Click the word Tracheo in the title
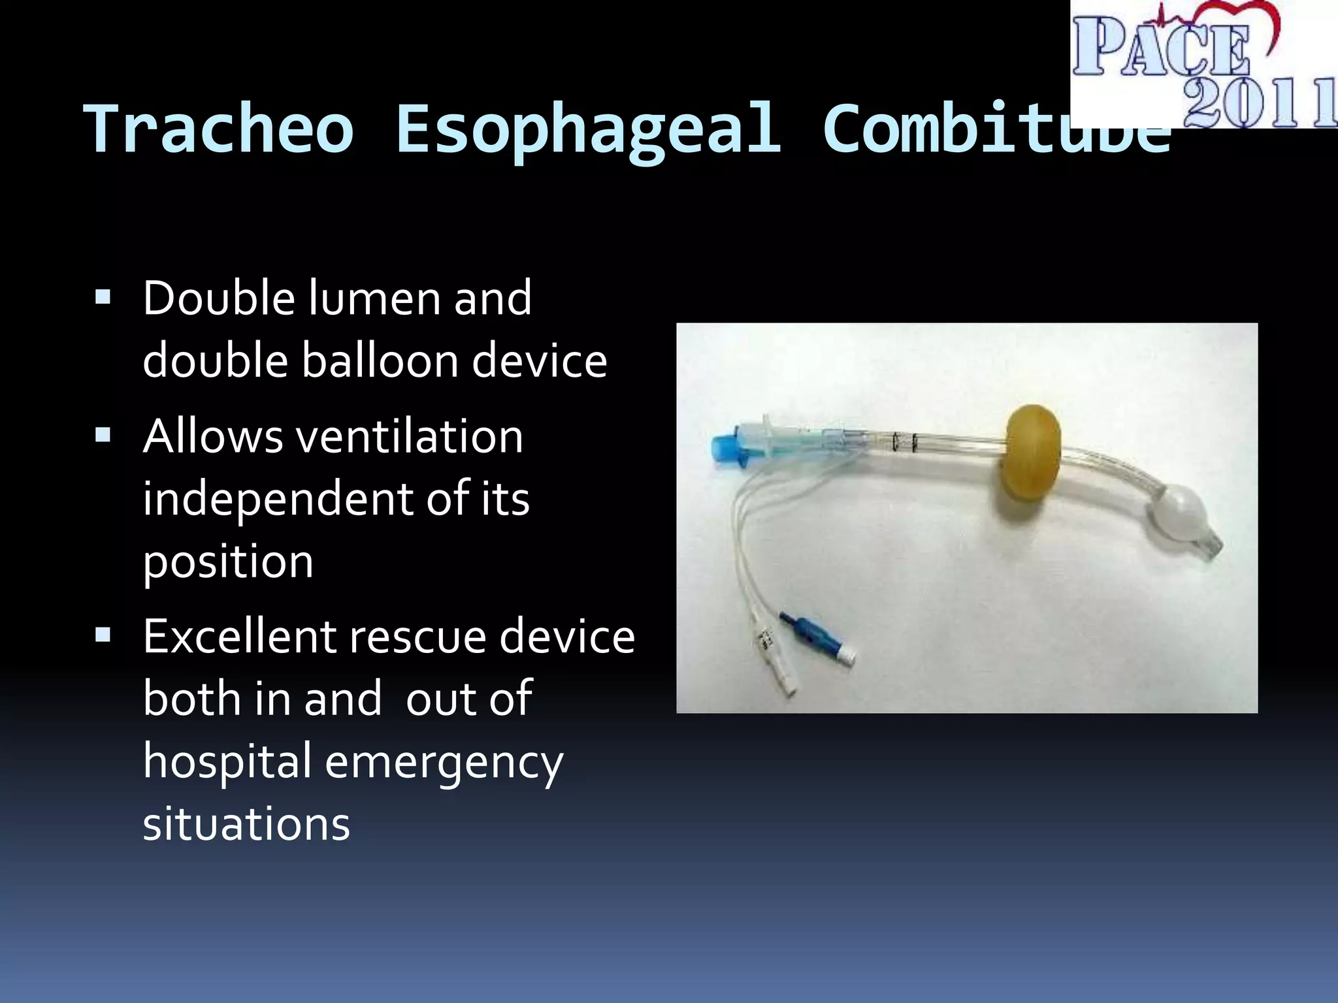pyautogui.click(x=219, y=129)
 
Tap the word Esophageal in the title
pyautogui.click(x=588, y=129)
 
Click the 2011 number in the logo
pyautogui.click(x=1261, y=103)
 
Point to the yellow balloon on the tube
pyautogui.click(x=1032, y=453)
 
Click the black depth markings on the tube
pyautogui.click(x=905, y=443)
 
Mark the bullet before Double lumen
pyautogui.click(x=103, y=298)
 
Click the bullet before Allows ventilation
pyautogui.click(x=103, y=436)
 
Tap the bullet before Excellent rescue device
pyautogui.click(x=103, y=635)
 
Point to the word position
pyautogui.click(x=228, y=562)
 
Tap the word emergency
pyautogui.click(x=444, y=762)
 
